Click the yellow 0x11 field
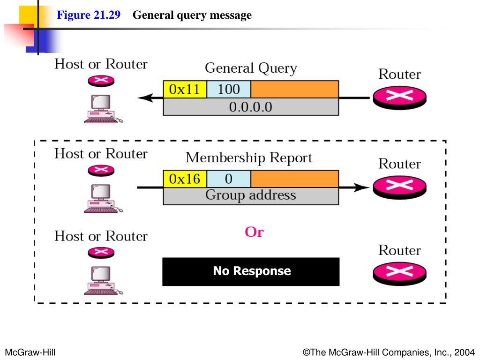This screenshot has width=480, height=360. click(x=185, y=90)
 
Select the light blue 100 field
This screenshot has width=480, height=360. click(x=229, y=90)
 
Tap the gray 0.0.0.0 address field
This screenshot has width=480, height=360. click(x=251, y=107)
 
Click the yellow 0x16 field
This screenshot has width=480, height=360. click(x=185, y=179)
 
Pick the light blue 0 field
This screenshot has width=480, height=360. click(x=229, y=179)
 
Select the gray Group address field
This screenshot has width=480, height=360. click(x=251, y=196)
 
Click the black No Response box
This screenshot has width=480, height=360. click(x=251, y=271)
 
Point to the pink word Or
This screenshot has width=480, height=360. click(x=254, y=232)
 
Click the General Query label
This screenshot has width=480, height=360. click(x=251, y=68)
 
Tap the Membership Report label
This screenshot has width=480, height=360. click(x=249, y=157)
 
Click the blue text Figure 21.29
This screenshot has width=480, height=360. click(x=89, y=15)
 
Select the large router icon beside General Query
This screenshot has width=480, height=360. click(x=399, y=97)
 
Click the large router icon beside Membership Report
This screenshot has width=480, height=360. click(x=399, y=187)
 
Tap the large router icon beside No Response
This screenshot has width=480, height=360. click(x=399, y=273)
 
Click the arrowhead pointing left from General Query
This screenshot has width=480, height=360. click(x=146, y=98)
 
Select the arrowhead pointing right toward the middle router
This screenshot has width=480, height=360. click(x=361, y=187)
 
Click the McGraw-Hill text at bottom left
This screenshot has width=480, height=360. click(x=30, y=352)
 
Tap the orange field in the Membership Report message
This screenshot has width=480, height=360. click(x=294, y=179)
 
